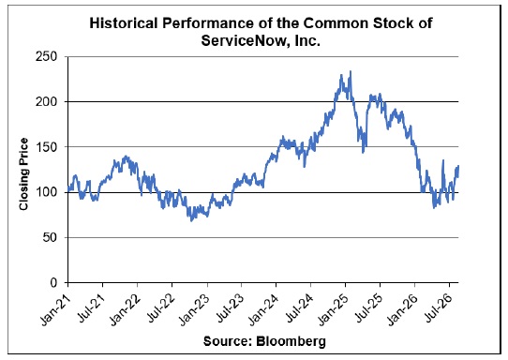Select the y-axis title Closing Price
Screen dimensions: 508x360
pyautogui.click(x=23, y=174)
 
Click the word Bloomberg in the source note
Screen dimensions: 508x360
pyautogui.click(x=291, y=341)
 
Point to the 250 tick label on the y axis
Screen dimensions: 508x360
pyautogui.click(x=45, y=56)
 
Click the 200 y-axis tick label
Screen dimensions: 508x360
pyautogui.click(x=45, y=102)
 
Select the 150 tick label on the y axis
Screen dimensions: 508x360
pyautogui.click(x=45, y=147)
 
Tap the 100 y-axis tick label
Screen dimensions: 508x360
pyautogui.click(x=45, y=192)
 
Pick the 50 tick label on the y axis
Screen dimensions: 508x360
pyautogui.click(x=49, y=237)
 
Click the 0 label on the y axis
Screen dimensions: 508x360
pyautogui.click(x=52, y=282)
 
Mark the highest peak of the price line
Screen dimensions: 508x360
pyautogui.click(x=351, y=71)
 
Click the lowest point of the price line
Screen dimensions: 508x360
pyautogui.click(x=191, y=220)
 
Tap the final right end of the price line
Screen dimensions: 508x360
pyautogui.click(x=458, y=166)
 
